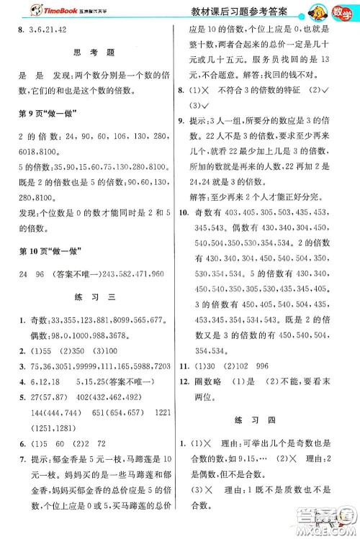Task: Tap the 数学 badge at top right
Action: click(x=343, y=12)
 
